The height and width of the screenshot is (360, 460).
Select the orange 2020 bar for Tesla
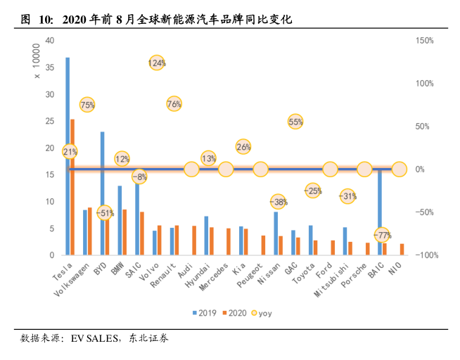pyautogui.click(x=72, y=187)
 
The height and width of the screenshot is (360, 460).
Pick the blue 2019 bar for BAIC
pyautogui.click(x=380, y=211)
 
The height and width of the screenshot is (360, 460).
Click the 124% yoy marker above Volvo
pyautogui.click(x=157, y=63)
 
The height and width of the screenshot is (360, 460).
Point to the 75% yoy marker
pyautogui.click(x=87, y=105)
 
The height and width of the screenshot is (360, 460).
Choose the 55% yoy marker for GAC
pyautogui.click(x=295, y=122)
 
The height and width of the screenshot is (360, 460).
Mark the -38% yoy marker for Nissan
pyautogui.click(x=279, y=202)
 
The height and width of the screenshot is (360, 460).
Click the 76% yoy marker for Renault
pyautogui.click(x=174, y=104)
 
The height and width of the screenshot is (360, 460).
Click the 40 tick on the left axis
pyautogui.click(x=50, y=40)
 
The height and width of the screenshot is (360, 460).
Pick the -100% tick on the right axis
pyautogui.click(x=426, y=255)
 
